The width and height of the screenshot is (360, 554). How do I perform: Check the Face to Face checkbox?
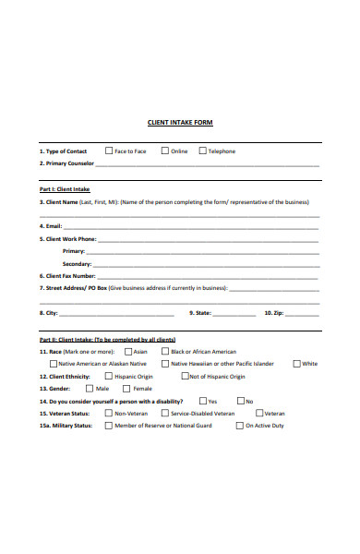point(109,151)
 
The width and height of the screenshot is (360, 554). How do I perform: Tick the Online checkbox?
point(165,151)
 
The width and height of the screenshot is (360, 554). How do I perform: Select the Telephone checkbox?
point(202,151)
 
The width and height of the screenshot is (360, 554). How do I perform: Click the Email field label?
point(51,225)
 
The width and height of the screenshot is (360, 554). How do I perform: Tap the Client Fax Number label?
point(66,275)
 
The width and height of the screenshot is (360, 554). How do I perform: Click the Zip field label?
point(274,313)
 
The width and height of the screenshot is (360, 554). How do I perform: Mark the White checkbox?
point(297,364)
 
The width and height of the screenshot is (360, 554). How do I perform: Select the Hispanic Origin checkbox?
point(108,377)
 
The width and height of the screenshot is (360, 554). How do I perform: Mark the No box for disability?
point(240,401)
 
